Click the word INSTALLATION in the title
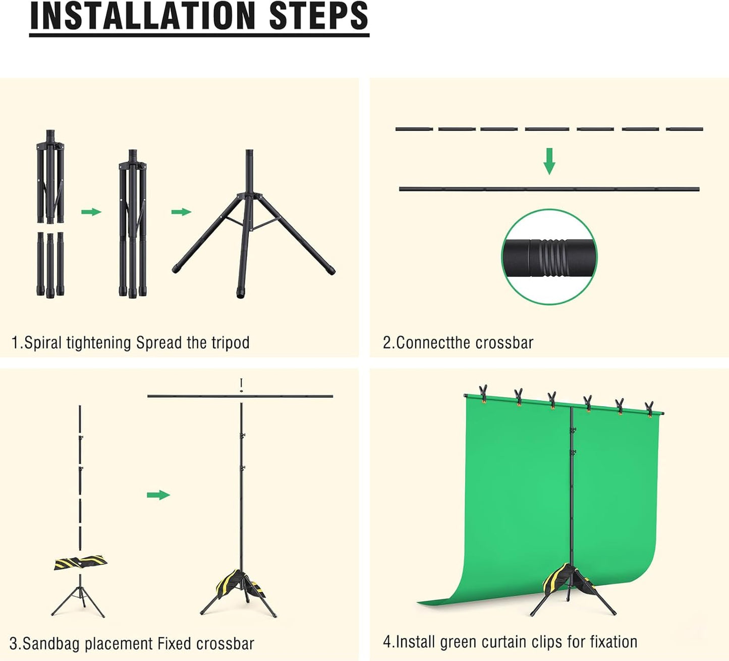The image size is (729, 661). coord(143,16)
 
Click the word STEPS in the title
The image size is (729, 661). coord(319,16)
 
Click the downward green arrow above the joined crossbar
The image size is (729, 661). coord(549,161)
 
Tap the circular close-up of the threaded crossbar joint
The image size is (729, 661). coord(549,256)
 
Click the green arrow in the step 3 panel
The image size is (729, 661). coord(158,495)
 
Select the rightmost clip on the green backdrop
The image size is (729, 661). coord(649,409)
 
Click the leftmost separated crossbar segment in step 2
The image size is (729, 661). coord(414,129)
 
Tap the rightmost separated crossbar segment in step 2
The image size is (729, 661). coord(685,129)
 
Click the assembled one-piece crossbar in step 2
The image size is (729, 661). coord(549,189)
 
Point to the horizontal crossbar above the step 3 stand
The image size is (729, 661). coord(240,396)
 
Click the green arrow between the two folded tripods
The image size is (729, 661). coord(91,211)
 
